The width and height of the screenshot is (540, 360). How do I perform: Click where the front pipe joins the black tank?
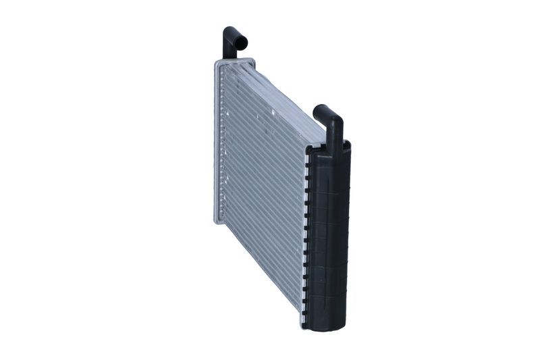[x=335, y=142]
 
